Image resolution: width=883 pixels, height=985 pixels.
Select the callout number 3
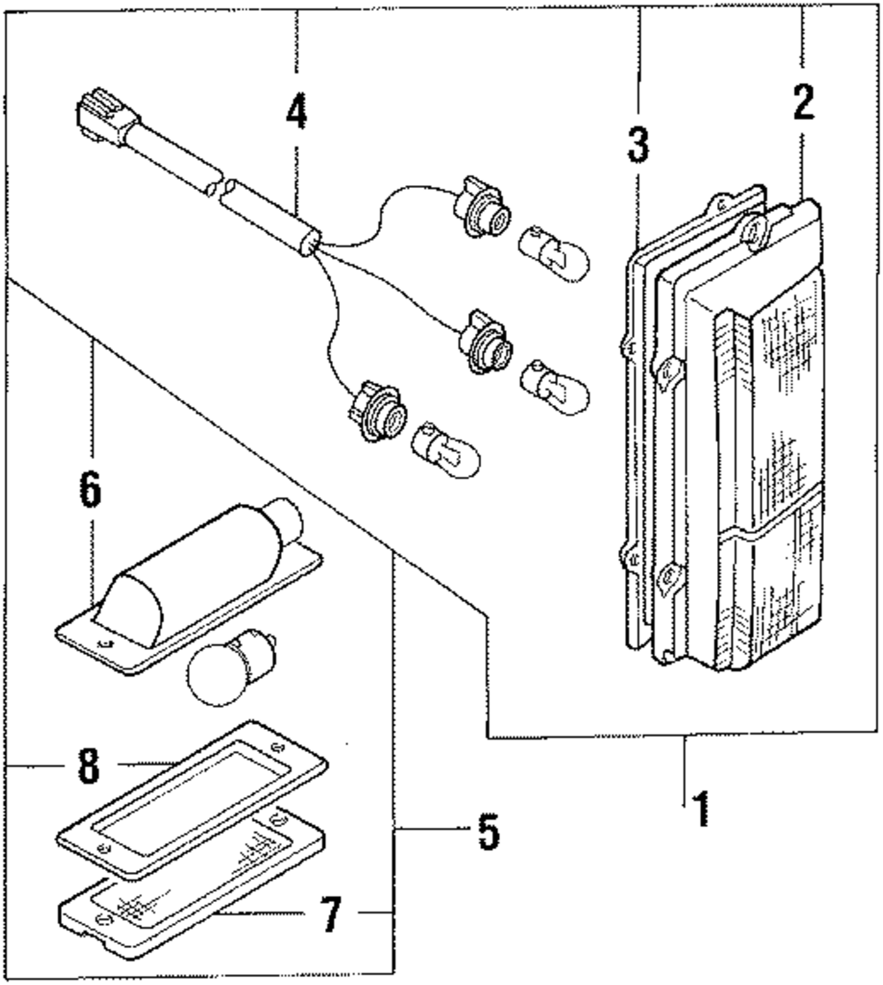point(638,145)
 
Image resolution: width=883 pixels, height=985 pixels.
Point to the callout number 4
point(297,111)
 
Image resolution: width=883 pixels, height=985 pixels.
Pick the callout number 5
point(488,831)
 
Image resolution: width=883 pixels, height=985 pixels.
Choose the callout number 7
point(330,914)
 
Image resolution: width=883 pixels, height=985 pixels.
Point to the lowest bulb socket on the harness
point(380,410)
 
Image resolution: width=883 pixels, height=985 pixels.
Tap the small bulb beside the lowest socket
point(445,450)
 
